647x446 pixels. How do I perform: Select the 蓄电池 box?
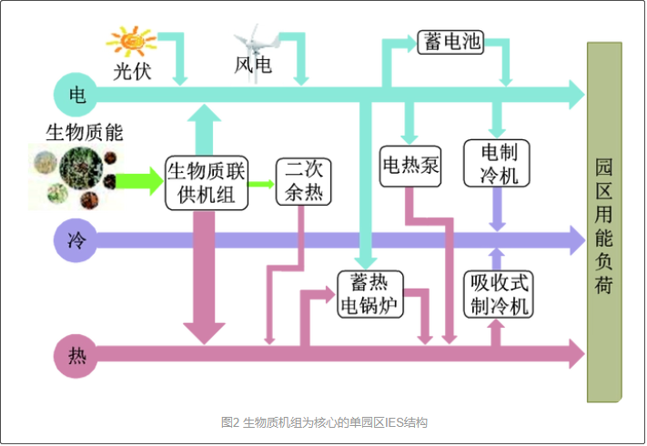450,42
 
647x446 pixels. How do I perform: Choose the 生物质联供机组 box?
207,182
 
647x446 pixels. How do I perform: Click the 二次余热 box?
304,181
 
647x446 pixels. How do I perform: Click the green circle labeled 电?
77,94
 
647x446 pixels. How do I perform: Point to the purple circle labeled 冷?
77,241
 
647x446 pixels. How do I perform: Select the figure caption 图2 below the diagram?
324,422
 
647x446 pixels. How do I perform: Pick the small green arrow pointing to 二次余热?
262,183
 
